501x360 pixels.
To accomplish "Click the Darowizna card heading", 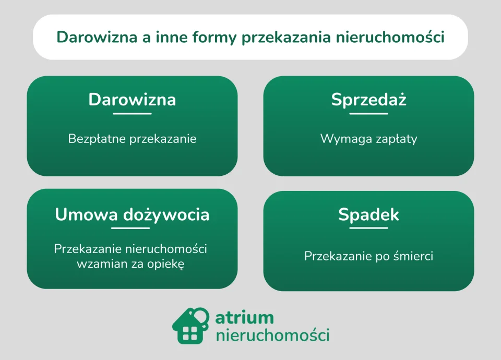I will point(132,100).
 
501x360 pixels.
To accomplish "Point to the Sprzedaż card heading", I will point(368,100).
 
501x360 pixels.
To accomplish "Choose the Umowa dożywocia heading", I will point(132,214).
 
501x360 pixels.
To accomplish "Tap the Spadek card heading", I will point(368,214).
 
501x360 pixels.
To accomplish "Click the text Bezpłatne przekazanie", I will point(132,139).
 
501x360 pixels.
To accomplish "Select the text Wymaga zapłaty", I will point(368,139).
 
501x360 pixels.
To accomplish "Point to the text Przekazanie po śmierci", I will point(368,256).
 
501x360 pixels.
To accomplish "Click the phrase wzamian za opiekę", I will point(130,263).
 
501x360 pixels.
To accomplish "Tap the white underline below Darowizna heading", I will point(132,113).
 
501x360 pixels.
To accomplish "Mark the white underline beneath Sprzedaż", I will point(368,113).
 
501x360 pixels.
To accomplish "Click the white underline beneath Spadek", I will point(368,228).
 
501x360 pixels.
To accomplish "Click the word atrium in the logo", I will point(244,317).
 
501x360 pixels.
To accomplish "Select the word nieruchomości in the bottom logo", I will point(272,334).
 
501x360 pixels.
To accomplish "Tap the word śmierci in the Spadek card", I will point(414,256).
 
